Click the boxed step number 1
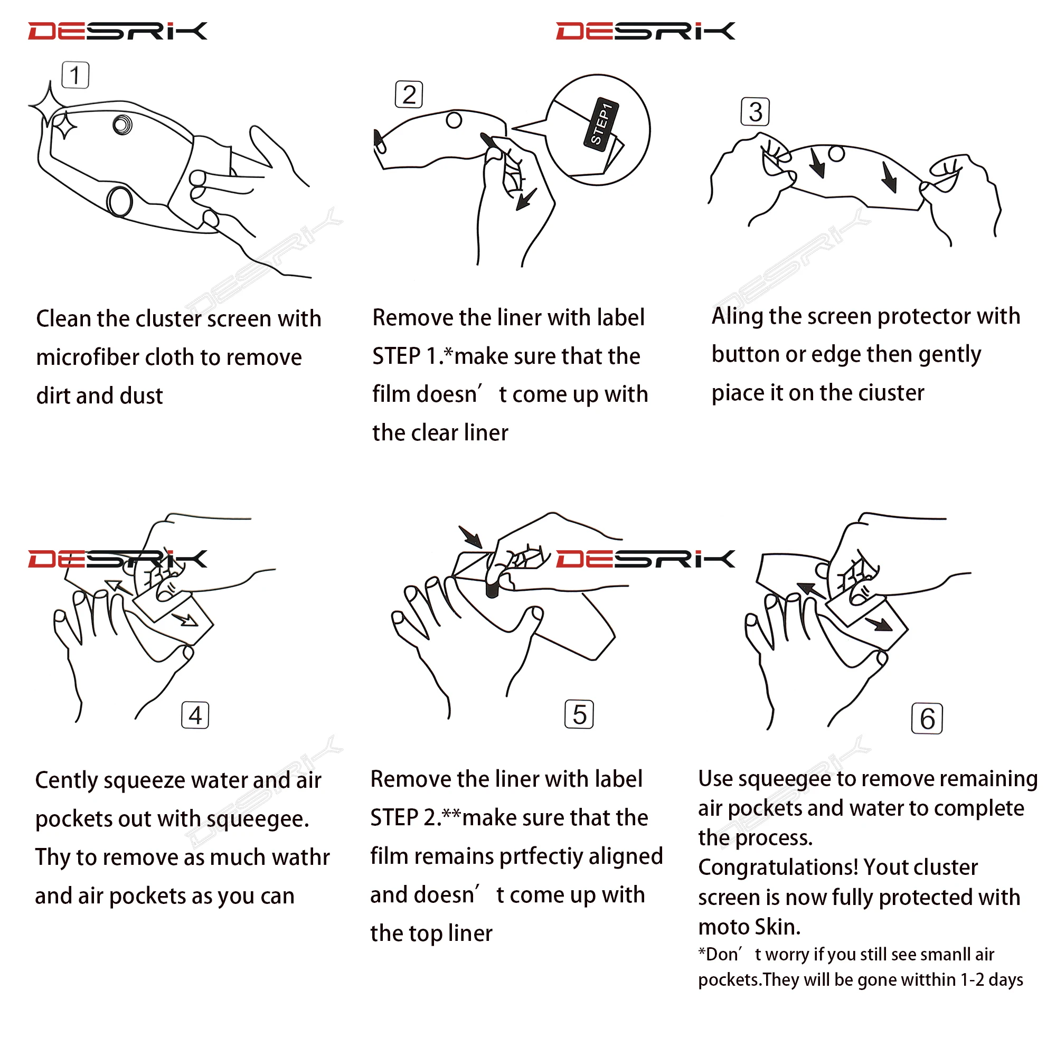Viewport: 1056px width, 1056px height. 76,76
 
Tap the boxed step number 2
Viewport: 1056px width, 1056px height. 409,95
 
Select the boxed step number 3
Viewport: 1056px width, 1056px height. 756,112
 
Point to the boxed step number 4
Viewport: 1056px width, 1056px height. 195,715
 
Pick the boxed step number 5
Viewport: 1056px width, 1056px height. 579,714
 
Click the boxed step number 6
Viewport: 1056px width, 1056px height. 927,719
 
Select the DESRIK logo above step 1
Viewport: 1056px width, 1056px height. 118,31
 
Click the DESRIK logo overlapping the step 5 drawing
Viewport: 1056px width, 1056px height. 646,559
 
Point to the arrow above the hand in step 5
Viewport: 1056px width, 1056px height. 470,537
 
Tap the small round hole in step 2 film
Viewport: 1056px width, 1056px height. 454,120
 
